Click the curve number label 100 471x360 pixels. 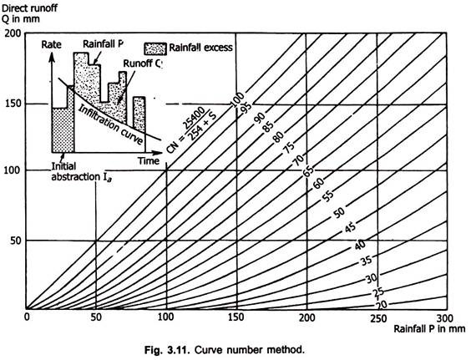[238, 99]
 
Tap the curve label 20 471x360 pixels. [382, 305]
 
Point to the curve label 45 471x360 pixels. [350, 228]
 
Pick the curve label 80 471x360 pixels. [278, 137]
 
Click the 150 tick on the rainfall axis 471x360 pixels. [236, 317]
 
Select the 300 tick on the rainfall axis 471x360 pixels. [445, 317]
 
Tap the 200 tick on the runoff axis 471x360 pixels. [13, 33]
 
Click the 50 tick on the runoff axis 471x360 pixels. [16, 241]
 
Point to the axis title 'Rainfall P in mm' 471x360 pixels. [429, 328]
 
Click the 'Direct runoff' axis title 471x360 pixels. [29, 8]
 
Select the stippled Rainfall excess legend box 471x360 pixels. [155, 48]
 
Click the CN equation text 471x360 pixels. [191, 130]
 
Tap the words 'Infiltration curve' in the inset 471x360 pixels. [110, 125]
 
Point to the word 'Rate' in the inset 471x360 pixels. [52, 45]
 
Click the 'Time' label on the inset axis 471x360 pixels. [149, 161]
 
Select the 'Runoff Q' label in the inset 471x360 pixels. [143, 63]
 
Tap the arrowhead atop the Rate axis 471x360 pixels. [52, 57]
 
